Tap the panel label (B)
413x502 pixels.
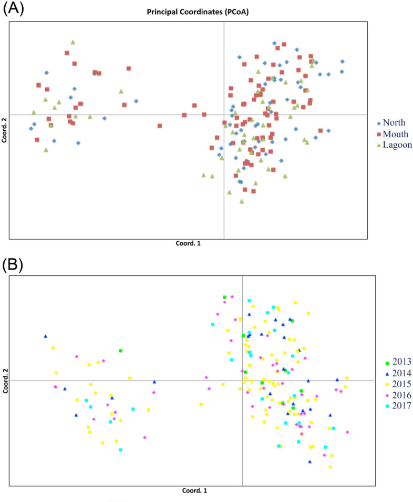click(x=14, y=264)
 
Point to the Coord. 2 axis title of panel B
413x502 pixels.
click(x=5, y=381)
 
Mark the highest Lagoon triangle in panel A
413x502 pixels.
click(x=73, y=42)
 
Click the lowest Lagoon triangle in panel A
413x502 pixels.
click(x=242, y=201)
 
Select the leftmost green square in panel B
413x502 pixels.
click(x=120, y=351)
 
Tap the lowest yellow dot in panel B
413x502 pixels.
click(x=330, y=467)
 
